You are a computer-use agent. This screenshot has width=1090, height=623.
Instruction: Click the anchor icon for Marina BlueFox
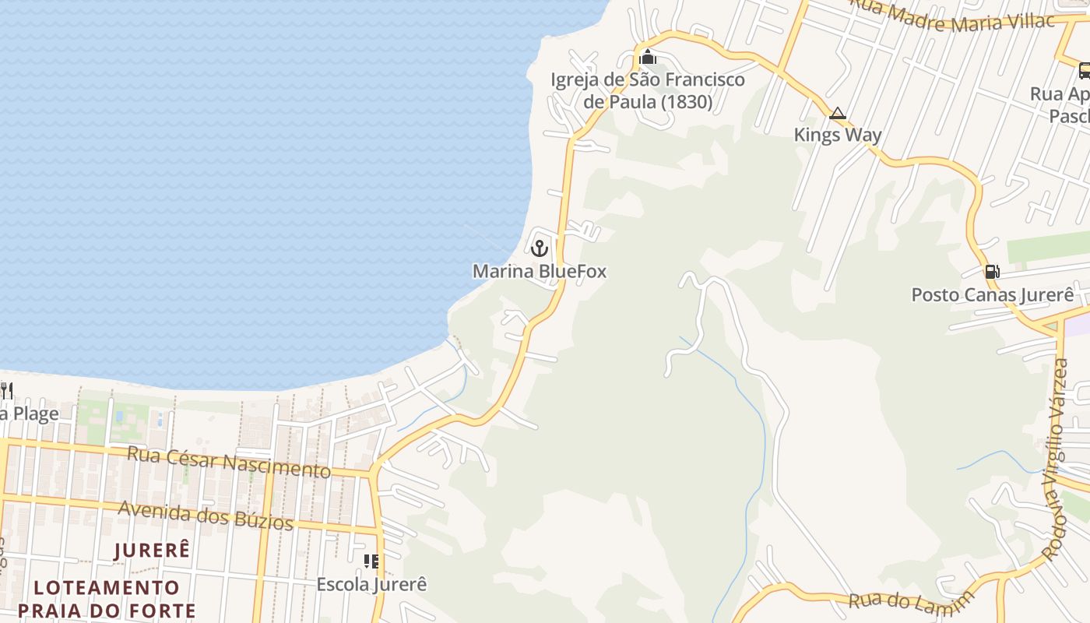pos(540,249)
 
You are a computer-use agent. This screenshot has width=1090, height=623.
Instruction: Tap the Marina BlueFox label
pos(540,272)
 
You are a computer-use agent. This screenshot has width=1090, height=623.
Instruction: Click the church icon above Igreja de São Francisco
pos(648,57)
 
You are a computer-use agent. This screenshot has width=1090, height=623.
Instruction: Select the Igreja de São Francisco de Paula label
pos(648,90)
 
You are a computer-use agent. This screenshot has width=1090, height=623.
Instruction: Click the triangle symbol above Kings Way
pos(838,114)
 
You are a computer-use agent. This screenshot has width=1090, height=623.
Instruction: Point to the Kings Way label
pos(838,135)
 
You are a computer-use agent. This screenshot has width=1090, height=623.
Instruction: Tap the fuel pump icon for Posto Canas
pos(992,272)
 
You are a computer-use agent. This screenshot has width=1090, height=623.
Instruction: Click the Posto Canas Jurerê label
pos(993,295)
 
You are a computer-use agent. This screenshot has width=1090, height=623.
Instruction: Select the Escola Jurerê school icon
pos(371,561)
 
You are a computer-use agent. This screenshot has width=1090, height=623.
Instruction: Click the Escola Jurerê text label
pos(371,584)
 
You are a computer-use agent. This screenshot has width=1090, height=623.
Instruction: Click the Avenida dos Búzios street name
pos(206,515)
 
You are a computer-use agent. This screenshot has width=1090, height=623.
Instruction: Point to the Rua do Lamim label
pos(911,600)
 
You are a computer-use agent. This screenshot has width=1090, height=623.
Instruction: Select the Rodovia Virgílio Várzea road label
pos(1057,459)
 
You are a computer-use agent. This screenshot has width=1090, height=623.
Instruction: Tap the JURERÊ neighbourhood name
pos(152,551)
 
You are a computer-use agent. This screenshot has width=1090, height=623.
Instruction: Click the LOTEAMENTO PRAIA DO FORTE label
pos(107,598)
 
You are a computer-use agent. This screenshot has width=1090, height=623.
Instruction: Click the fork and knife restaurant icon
pos(6,389)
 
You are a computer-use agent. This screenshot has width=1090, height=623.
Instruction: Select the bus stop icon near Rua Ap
pos(1084,72)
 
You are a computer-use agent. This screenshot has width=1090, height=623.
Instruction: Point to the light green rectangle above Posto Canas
pos(1047,248)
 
